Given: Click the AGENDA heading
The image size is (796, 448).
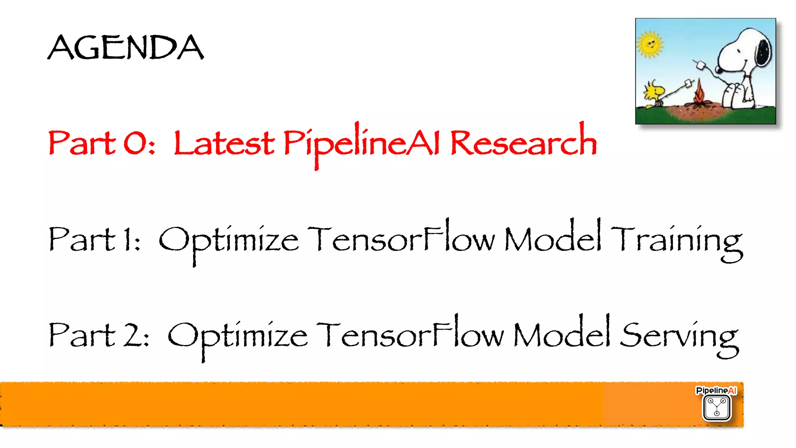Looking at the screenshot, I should [126, 47].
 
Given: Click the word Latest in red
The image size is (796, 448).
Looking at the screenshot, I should [224, 143].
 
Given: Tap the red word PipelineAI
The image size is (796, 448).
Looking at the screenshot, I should [361, 143].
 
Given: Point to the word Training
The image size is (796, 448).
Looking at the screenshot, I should [676, 240].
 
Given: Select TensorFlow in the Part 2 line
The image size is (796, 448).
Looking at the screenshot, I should [410, 335].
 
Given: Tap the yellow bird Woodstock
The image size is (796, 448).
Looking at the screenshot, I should [655, 94].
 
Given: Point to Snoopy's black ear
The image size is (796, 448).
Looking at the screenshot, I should [763, 52].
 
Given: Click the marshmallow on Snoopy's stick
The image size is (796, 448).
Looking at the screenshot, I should [701, 65].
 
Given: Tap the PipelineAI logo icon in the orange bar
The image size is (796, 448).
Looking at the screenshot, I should [716, 407].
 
